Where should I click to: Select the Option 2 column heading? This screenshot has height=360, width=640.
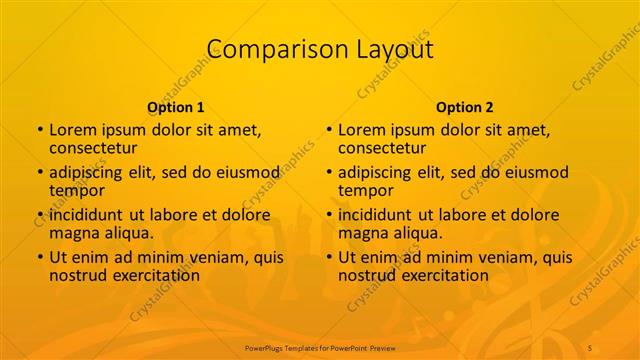[x=464, y=107]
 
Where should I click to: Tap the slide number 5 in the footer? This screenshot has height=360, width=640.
[x=591, y=345]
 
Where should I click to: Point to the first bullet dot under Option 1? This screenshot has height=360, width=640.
[x=40, y=130]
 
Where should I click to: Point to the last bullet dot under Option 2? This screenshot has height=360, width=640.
[x=329, y=256]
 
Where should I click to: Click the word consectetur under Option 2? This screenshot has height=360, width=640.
[x=382, y=148]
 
